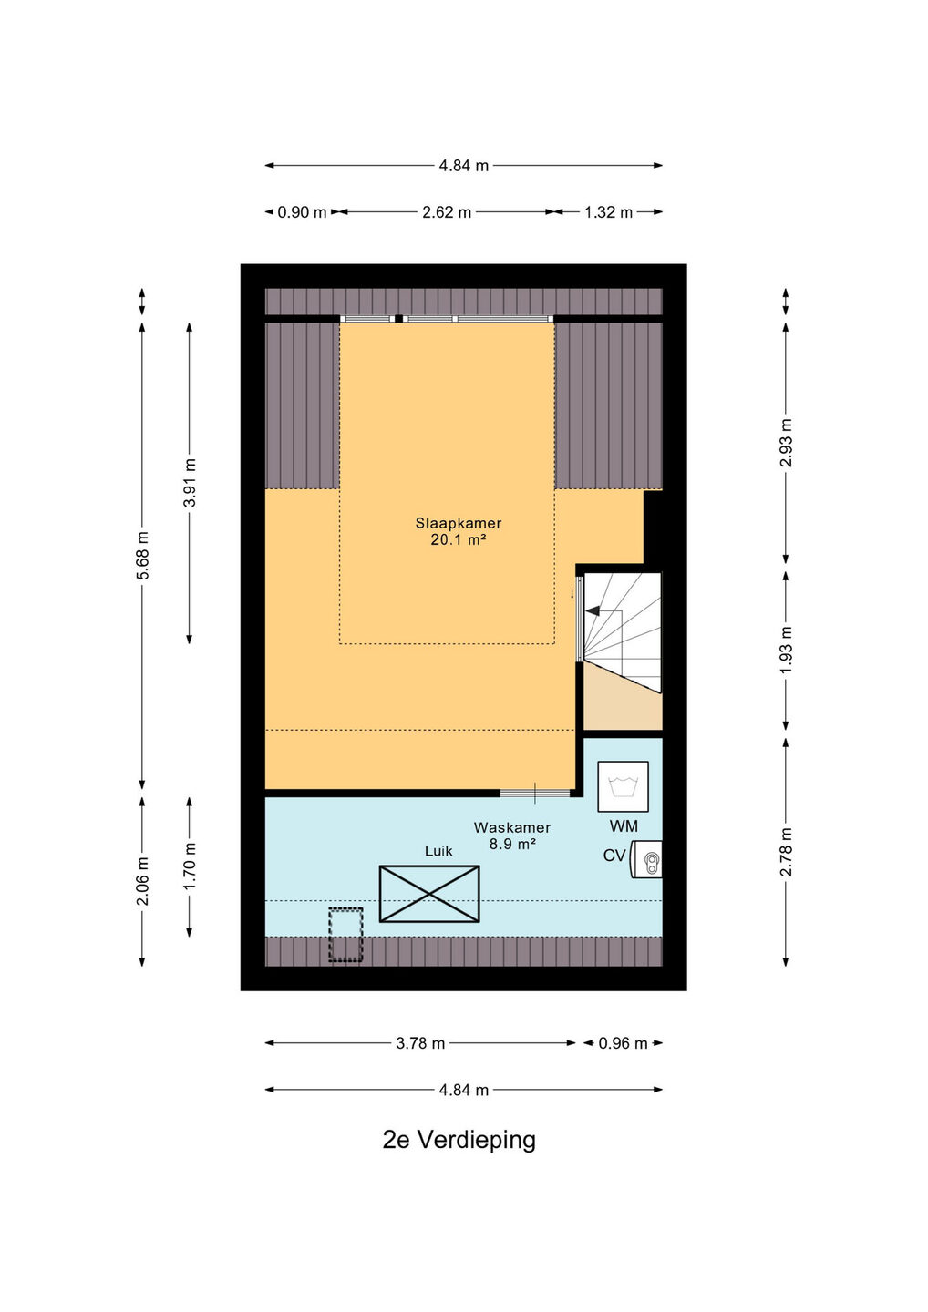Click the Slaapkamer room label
[459, 523]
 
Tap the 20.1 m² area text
[459, 539]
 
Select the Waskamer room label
[512, 827]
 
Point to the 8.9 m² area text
[513, 844]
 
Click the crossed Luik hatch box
[429, 894]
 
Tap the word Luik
[438, 851]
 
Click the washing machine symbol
[623, 786]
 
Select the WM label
[624, 826]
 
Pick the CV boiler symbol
[645, 859]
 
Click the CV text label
[614, 856]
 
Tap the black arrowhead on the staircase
[593, 610]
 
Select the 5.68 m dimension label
[142, 555]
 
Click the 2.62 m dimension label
[447, 212]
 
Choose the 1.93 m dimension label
[786, 650]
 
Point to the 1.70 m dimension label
[190, 866]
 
